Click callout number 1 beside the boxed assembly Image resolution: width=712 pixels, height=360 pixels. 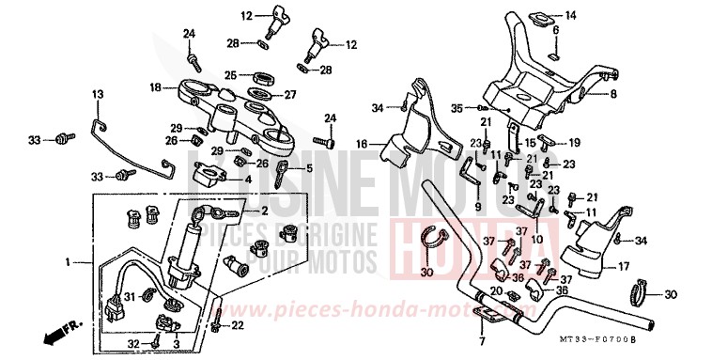(x=66, y=259)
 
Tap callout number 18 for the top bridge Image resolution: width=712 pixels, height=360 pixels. (x=156, y=87)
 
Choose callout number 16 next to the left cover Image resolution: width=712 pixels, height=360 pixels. (x=361, y=144)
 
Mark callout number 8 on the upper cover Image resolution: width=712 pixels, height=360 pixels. (x=613, y=94)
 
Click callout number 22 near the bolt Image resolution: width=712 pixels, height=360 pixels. (x=237, y=325)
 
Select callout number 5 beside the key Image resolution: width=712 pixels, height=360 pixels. (x=308, y=169)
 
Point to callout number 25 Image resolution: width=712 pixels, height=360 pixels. (x=229, y=75)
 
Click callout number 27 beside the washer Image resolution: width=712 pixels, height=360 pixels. (x=290, y=94)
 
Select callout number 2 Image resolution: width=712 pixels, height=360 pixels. (x=264, y=211)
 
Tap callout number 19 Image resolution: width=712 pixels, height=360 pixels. (x=574, y=141)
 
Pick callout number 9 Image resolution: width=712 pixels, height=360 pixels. (x=477, y=208)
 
